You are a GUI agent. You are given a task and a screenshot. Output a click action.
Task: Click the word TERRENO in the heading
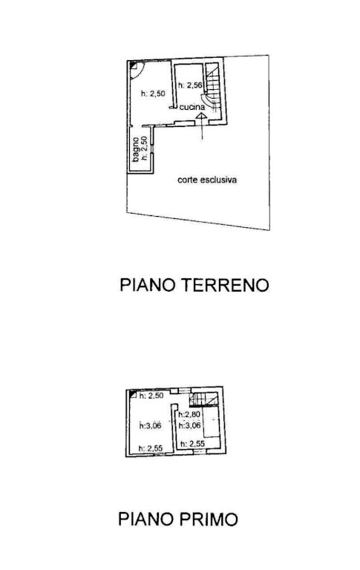click(225, 285)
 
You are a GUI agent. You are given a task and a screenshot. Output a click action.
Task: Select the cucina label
click(192, 107)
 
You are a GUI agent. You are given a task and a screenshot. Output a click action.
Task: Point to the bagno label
click(136, 149)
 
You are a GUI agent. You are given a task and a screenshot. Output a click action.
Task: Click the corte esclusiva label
click(207, 180)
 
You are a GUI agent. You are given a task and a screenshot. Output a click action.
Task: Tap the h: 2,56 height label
click(189, 85)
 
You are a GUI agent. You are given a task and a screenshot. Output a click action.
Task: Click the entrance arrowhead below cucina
click(201, 116)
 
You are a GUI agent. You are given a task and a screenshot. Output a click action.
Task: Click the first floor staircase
click(203, 399)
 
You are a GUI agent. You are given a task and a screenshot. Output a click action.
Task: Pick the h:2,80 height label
click(189, 414)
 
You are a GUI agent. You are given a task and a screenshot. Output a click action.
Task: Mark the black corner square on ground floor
click(133, 65)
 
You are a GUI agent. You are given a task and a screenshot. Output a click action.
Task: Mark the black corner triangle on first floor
click(133, 393)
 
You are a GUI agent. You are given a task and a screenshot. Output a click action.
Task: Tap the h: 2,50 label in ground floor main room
click(153, 94)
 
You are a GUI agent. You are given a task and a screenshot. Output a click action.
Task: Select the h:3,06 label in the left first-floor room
click(150, 425)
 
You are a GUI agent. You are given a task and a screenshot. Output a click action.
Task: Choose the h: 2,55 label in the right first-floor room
click(193, 444)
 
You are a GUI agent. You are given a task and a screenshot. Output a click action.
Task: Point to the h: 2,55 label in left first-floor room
click(151, 448)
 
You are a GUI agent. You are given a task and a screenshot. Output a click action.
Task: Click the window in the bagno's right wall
click(153, 149)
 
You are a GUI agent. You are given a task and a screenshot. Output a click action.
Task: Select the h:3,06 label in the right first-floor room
click(189, 425)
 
